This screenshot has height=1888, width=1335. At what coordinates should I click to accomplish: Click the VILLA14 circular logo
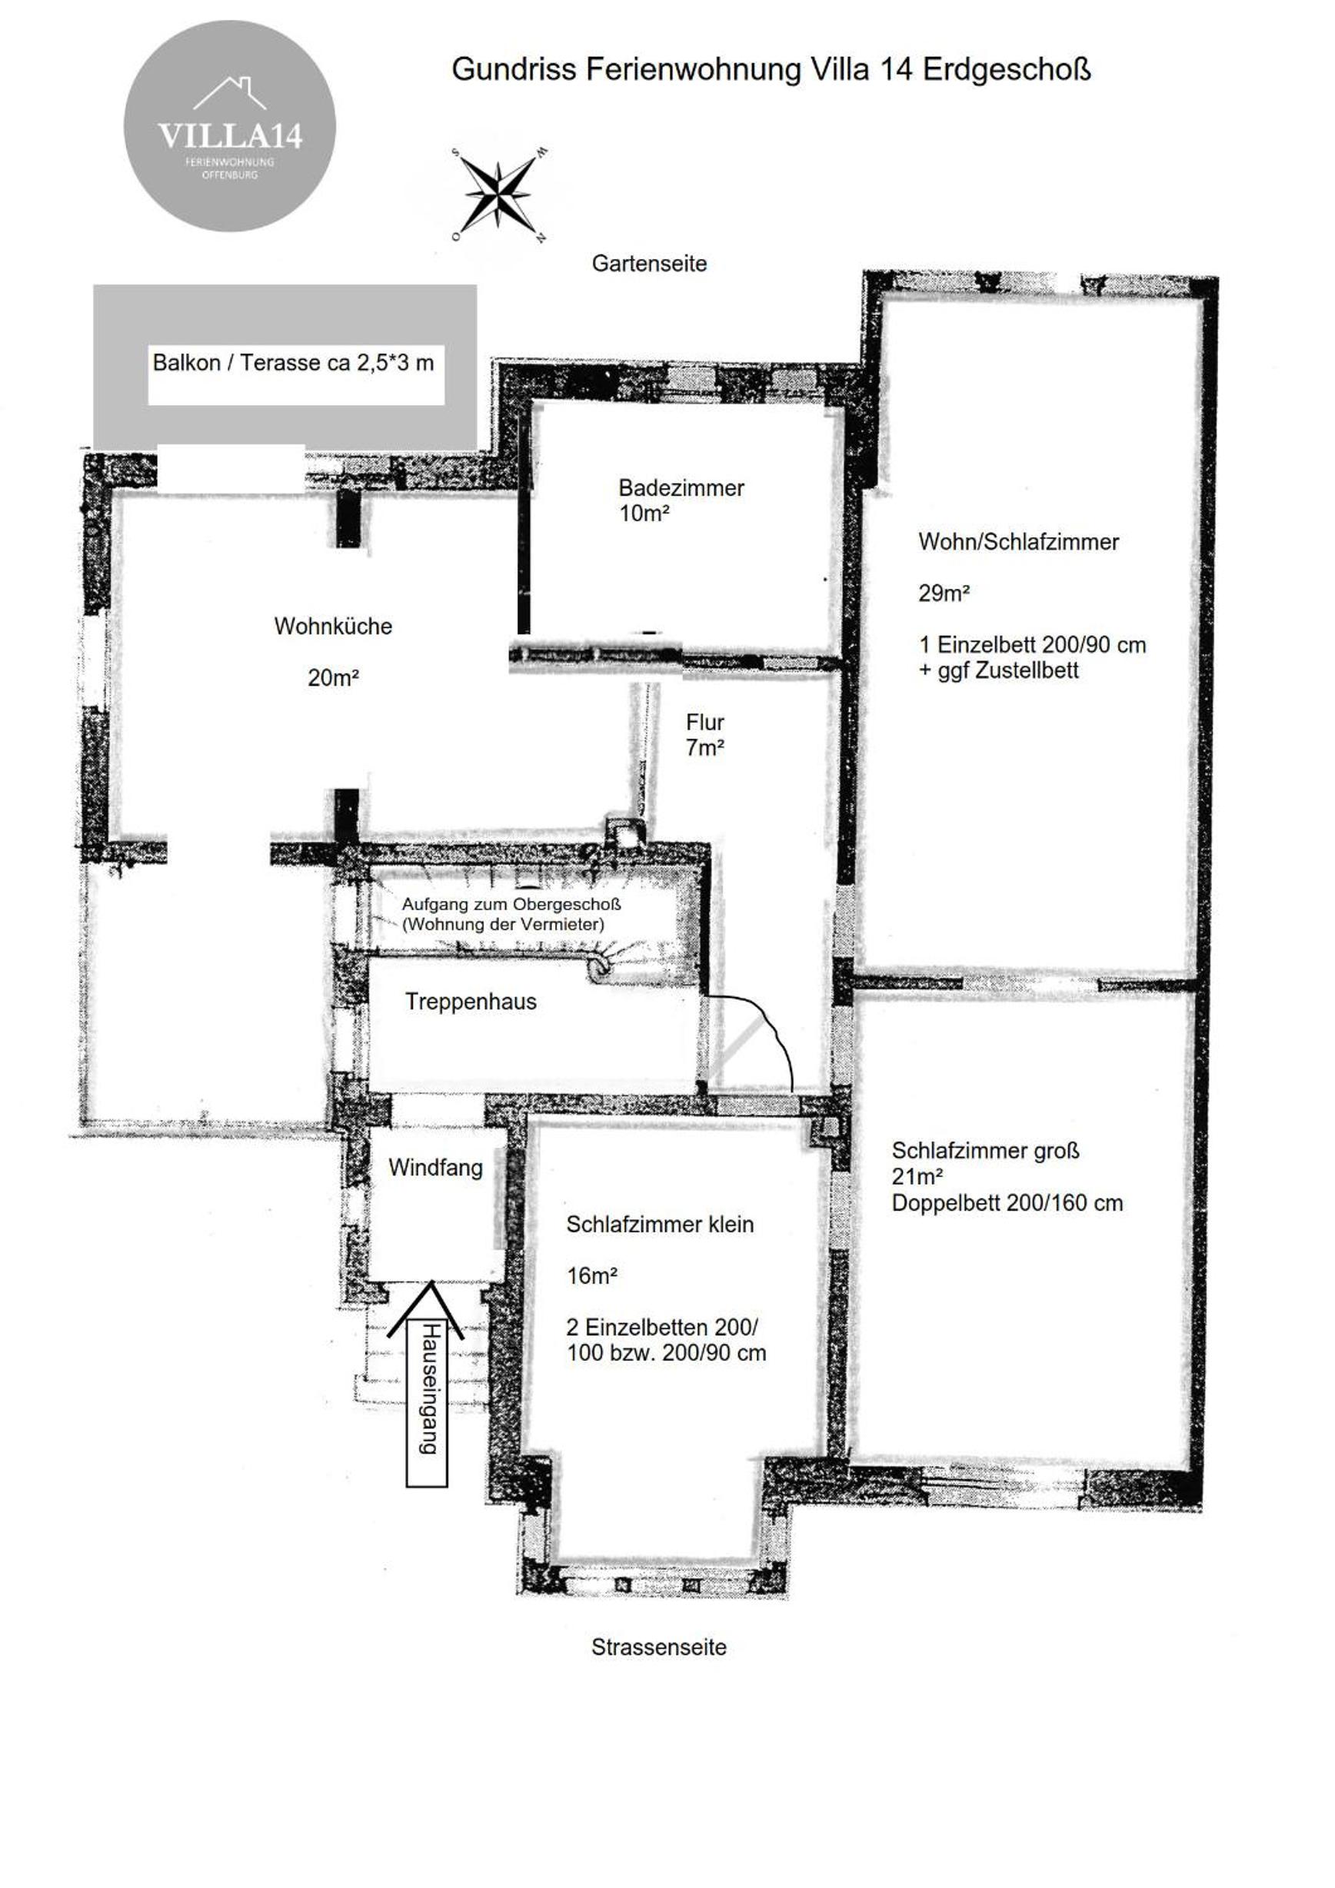pyautogui.click(x=229, y=126)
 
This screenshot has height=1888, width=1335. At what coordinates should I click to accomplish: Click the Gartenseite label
pyautogui.click(x=649, y=264)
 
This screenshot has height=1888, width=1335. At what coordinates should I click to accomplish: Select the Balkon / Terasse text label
pyautogui.click(x=293, y=363)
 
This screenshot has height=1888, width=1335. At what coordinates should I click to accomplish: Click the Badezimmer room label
pyautogui.click(x=681, y=487)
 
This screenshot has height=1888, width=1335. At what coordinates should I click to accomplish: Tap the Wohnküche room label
pyautogui.click(x=333, y=626)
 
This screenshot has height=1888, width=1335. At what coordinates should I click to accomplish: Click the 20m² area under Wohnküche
pyautogui.click(x=333, y=677)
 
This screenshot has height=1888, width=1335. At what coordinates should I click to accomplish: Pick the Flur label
pyautogui.click(x=705, y=722)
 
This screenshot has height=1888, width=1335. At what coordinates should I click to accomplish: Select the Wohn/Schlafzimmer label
pyautogui.click(x=1018, y=542)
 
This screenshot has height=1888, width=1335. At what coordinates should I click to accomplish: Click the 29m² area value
pyautogui.click(x=944, y=593)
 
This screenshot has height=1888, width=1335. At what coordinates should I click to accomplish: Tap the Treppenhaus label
pyautogui.click(x=471, y=1002)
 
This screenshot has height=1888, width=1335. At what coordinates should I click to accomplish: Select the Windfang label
pyautogui.click(x=435, y=1168)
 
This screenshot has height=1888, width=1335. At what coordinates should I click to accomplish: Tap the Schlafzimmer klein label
pyautogui.click(x=660, y=1225)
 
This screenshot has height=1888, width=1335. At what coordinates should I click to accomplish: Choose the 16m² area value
pyautogui.click(x=591, y=1275)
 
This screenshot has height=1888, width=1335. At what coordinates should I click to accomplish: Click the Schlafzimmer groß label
pyautogui.click(x=985, y=1150)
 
